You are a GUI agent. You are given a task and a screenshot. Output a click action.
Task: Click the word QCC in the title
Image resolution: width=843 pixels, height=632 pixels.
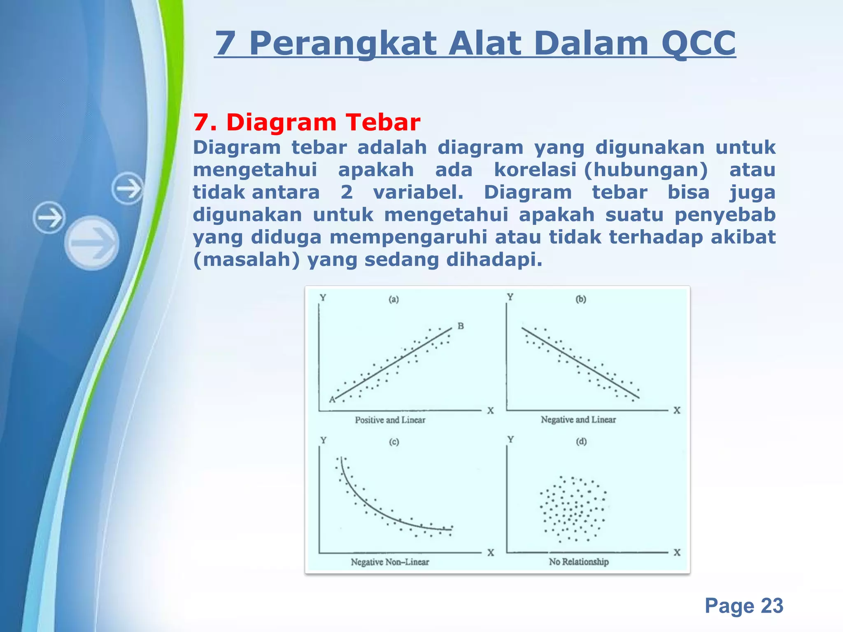(x=699, y=44)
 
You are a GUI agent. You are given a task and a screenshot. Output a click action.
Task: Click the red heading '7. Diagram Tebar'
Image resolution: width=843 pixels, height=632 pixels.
(x=307, y=123)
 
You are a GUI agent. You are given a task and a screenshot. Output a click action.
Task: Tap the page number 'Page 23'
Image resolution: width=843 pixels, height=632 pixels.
(x=743, y=606)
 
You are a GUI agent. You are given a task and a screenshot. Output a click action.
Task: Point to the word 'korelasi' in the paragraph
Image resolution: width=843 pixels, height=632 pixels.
(x=535, y=170)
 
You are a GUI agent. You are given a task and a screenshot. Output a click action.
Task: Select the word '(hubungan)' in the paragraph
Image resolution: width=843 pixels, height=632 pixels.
(x=646, y=170)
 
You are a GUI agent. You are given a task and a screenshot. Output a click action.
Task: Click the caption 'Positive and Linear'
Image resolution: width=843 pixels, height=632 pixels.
(x=390, y=420)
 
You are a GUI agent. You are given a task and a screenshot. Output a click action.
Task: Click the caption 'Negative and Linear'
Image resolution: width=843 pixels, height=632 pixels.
(x=578, y=420)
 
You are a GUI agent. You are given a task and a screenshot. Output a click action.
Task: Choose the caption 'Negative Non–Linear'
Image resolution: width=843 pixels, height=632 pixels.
(x=389, y=562)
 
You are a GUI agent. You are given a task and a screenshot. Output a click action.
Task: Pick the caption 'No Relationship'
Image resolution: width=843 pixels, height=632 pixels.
(x=578, y=562)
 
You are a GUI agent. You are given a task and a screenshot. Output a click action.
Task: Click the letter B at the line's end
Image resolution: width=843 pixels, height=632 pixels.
(x=461, y=326)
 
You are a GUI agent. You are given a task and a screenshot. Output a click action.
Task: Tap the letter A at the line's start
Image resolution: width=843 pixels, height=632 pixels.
(x=332, y=400)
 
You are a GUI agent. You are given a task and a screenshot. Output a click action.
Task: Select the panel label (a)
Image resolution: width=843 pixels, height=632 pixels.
(x=394, y=300)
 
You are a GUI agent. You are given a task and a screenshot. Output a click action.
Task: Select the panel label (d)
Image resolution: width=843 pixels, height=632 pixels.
(x=581, y=442)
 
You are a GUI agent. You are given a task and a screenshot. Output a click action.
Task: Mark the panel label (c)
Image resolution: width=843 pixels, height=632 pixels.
(x=394, y=442)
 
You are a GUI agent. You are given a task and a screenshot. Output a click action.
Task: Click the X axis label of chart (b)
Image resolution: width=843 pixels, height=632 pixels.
(x=677, y=410)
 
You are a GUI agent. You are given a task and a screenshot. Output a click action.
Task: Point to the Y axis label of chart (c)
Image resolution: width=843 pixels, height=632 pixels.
(x=324, y=440)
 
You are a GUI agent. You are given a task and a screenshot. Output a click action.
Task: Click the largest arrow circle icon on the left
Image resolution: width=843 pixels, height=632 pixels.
(x=92, y=243)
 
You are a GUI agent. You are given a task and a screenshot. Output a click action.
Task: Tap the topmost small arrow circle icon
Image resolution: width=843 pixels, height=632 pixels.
(x=128, y=189)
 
